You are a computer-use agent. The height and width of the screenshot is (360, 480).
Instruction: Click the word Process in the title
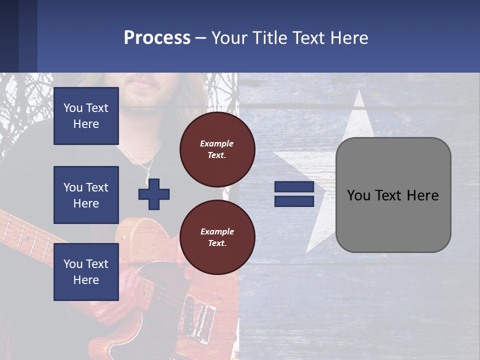pos(157,37)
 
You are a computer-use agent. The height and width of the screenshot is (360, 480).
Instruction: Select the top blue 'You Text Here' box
pos(86,116)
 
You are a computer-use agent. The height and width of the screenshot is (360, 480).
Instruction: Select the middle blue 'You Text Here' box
pos(86,195)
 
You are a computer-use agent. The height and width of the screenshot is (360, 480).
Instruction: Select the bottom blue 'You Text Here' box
pos(86,272)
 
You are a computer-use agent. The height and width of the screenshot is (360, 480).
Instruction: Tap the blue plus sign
pos(154,194)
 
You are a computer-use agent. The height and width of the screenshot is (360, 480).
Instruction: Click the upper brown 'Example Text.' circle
pos(217,149)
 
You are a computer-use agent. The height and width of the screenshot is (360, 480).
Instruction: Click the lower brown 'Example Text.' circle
pos(217,237)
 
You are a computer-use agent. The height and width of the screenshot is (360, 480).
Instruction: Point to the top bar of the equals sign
pos(294,187)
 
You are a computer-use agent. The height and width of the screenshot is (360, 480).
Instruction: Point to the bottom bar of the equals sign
pos(294,201)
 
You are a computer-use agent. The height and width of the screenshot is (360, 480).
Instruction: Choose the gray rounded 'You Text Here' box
pos(393,195)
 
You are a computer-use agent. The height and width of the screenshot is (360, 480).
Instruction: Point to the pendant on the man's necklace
pos(147,178)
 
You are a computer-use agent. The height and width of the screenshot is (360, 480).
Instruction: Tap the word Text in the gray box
pos(393,195)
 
